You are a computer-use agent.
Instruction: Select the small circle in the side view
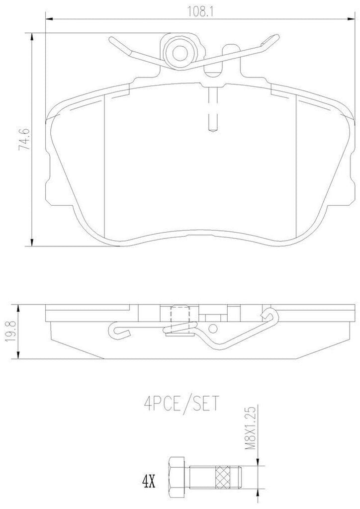(214, 328)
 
